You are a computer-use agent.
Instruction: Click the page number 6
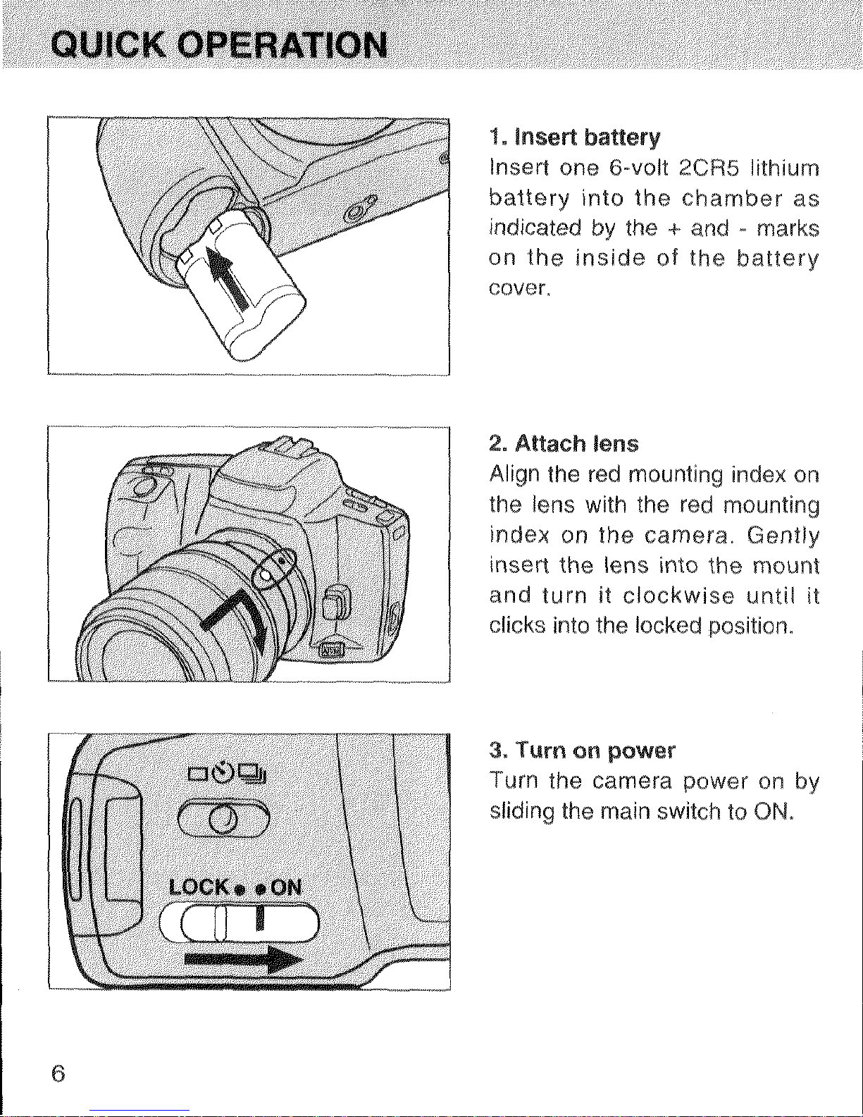(58, 1073)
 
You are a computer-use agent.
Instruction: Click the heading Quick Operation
(219, 44)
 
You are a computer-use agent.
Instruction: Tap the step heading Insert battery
(575, 137)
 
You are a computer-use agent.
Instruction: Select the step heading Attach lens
(564, 443)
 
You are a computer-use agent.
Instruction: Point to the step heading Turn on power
(583, 751)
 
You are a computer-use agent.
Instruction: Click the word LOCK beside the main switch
(199, 887)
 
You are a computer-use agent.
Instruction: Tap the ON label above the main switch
(285, 887)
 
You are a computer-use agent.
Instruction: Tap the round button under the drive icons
(223, 817)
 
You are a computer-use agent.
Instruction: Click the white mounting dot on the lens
(265, 575)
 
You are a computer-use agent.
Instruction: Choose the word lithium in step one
(784, 168)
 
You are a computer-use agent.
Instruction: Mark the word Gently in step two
(783, 536)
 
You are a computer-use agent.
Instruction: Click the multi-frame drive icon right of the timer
(252, 772)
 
